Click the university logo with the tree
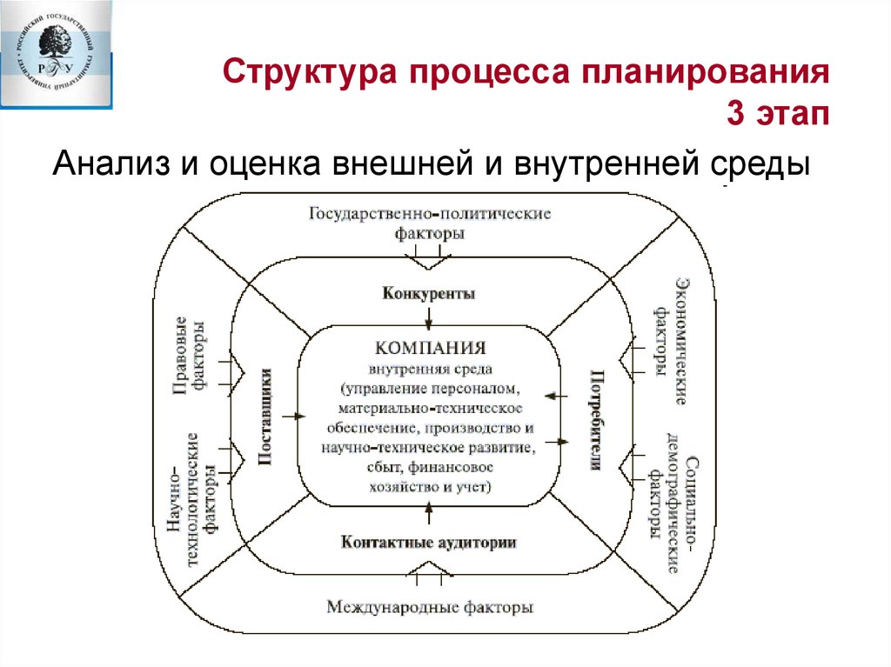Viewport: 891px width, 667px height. (x=57, y=52)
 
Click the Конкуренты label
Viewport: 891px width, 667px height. (x=428, y=293)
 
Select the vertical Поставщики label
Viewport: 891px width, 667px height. (x=267, y=417)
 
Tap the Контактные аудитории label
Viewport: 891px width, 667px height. (x=429, y=542)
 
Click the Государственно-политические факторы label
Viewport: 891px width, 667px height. (x=429, y=223)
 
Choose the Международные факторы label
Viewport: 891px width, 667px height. (x=429, y=606)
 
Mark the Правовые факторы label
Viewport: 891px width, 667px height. (x=191, y=357)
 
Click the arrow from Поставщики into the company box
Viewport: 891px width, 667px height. (x=296, y=417)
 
